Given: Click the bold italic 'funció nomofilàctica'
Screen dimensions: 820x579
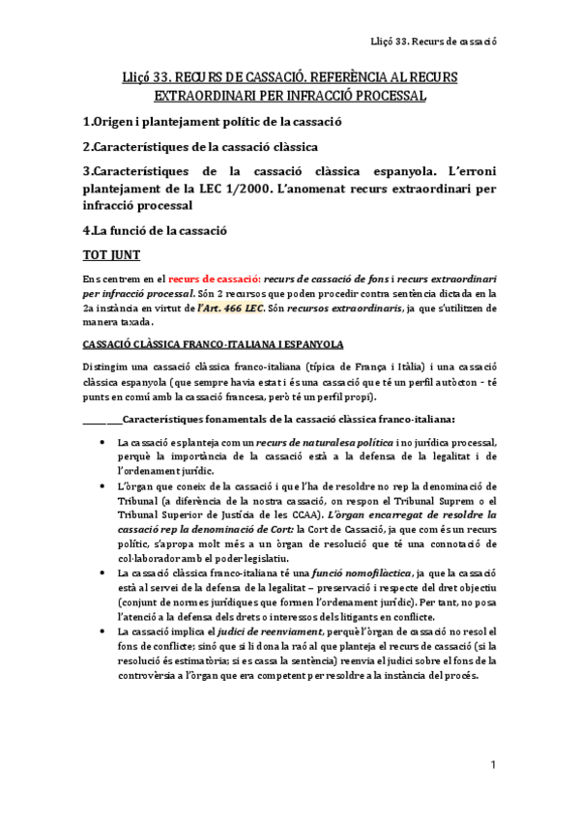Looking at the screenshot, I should coord(332,573).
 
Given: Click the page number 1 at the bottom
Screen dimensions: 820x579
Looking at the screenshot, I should coord(492,766).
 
